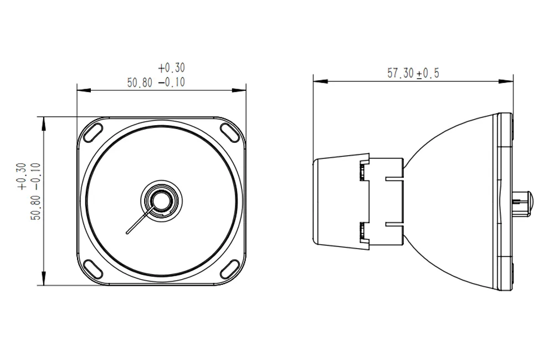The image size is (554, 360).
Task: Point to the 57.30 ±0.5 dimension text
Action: tap(413, 73)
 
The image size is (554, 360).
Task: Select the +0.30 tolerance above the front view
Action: tap(171, 68)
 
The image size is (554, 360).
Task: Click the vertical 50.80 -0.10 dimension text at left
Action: tap(37, 192)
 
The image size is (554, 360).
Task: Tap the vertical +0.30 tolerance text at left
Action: tap(22, 177)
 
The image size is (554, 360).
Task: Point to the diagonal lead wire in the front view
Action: tap(138, 222)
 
